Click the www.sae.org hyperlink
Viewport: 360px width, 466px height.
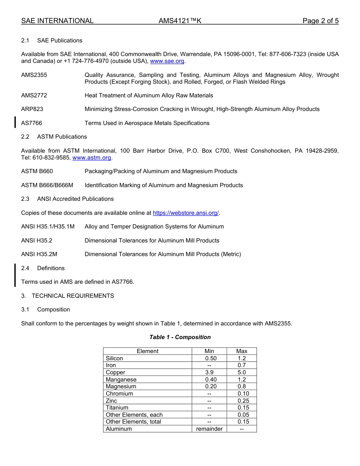(x=167, y=61)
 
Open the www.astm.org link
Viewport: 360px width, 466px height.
(x=92, y=158)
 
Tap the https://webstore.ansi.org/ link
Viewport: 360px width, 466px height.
(x=186, y=213)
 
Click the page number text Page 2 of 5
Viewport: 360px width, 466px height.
(x=320, y=21)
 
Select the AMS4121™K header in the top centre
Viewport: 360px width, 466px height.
(x=180, y=21)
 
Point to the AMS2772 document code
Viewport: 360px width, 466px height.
(x=34, y=95)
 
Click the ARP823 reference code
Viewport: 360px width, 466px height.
(x=32, y=109)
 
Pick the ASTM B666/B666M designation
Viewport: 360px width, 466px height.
(x=47, y=185)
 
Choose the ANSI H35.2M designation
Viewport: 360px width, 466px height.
(x=39, y=254)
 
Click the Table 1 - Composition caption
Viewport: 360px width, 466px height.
(x=180, y=337)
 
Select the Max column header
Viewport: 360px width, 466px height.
(x=242, y=351)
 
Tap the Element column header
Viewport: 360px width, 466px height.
(x=147, y=351)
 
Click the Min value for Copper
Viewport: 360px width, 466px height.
(x=209, y=372)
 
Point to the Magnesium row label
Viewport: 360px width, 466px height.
(x=121, y=386)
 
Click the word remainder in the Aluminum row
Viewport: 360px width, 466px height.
(x=209, y=429)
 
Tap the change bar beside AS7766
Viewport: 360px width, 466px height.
(x=15, y=123)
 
